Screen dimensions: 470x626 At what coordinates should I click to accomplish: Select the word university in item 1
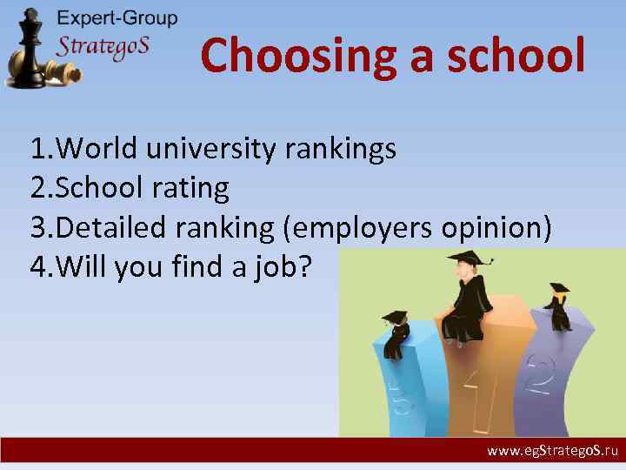coord(211,149)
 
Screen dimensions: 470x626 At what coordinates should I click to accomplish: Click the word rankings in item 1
coord(341,150)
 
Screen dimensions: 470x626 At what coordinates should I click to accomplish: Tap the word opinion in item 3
coord(496,227)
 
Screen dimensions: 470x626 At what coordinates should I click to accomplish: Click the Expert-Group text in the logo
coord(117,18)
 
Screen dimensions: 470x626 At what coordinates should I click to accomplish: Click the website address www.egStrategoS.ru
coord(551,452)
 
